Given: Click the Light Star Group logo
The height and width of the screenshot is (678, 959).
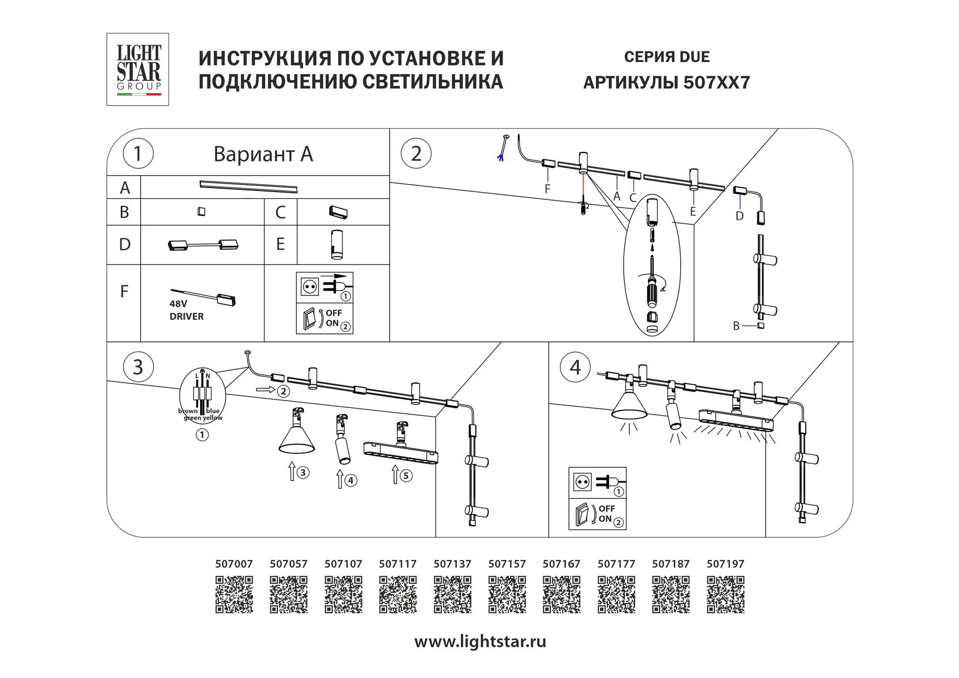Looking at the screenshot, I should (x=139, y=69).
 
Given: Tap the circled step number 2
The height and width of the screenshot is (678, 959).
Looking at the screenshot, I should (x=416, y=154).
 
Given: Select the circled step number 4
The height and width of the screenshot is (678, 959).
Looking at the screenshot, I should (x=575, y=368).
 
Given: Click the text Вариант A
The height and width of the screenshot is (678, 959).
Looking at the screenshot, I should (x=263, y=154).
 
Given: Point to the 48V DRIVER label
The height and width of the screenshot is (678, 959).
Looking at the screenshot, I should (x=187, y=310).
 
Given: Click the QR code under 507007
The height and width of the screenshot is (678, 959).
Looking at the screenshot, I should (x=234, y=594).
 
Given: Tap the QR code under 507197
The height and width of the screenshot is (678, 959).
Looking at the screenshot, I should (x=725, y=594).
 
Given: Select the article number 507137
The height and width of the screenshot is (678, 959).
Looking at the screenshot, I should (x=452, y=564).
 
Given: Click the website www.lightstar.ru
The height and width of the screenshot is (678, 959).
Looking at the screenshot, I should (x=480, y=642).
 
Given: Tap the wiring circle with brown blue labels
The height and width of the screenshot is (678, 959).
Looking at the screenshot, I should (x=201, y=396).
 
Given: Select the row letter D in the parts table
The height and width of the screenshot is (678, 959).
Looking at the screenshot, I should (x=124, y=245).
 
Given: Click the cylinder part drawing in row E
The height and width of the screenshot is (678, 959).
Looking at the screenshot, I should (x=336, y=245).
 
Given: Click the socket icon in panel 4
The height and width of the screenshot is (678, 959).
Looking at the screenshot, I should (x=582, y=482).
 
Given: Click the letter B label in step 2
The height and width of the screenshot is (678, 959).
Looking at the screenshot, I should (x=736, y=326).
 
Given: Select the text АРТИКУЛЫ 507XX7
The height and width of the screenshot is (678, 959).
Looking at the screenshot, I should (x=666, y=83).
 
